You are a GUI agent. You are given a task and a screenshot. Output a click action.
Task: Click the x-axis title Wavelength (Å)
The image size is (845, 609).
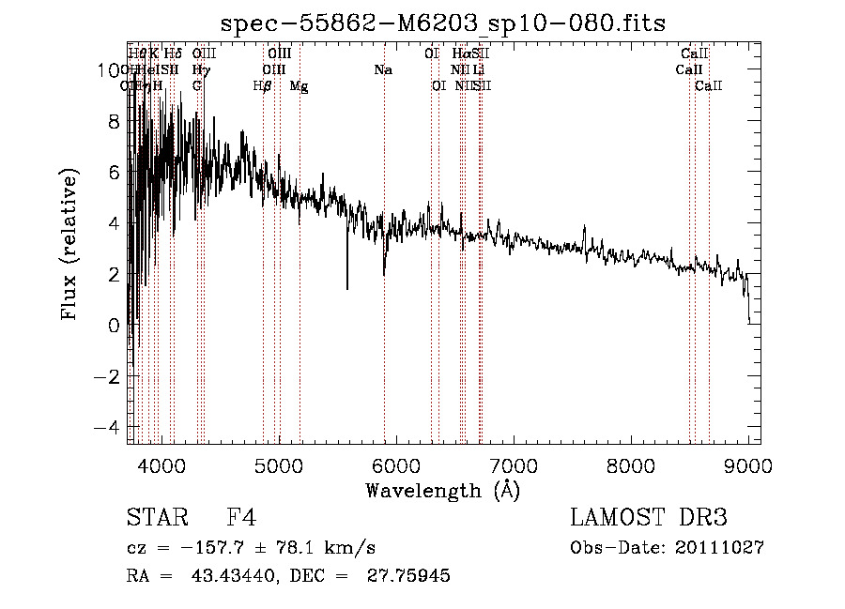click(442, 490)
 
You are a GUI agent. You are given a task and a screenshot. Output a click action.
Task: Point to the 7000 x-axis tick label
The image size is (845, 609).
click(514, 464)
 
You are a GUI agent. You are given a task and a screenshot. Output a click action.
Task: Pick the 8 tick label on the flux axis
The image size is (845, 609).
click(115, 121)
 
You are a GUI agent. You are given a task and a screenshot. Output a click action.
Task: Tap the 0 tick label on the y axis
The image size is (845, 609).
click(115, 326)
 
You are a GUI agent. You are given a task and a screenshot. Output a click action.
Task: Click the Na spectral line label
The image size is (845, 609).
click(383, 69)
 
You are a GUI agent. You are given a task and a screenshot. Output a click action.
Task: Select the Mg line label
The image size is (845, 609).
click(299, 86)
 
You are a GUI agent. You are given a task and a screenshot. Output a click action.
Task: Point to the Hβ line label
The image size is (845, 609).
click(263, 86)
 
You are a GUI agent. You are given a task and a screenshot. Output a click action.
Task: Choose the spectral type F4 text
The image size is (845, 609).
click(241, 519)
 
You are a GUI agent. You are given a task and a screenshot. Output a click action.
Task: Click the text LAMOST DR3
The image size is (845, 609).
click(649, 519)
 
